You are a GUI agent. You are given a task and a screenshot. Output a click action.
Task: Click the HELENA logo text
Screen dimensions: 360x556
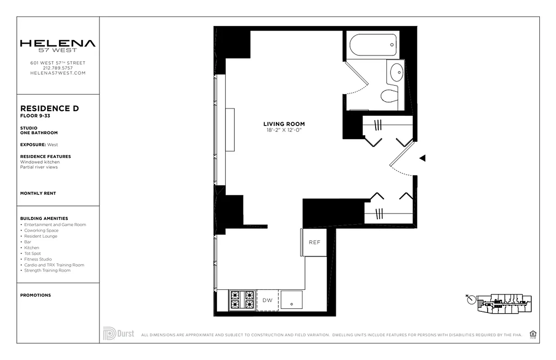point(58,44)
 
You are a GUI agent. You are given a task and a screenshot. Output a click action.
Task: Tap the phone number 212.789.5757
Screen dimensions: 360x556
point(58,68)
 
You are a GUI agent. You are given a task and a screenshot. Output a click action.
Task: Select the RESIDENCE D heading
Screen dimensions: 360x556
point(49,109)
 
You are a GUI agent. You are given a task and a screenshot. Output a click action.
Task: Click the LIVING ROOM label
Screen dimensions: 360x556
point(284,124)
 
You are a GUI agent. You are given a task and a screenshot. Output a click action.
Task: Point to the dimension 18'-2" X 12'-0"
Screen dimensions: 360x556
point(284,130)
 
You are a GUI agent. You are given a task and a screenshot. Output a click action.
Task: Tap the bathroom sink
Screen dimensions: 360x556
point(396,72)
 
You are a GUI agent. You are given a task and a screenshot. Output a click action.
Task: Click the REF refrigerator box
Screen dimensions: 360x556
point(314,243)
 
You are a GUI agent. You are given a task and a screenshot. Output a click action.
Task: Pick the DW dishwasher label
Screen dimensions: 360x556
point(267,300)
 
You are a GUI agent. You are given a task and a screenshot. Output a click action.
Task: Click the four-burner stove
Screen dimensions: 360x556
point(242,300)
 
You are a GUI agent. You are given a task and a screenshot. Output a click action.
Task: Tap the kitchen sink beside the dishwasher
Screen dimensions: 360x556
point(291,300)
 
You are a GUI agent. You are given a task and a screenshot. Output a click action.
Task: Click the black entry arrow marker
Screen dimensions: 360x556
point(422,158)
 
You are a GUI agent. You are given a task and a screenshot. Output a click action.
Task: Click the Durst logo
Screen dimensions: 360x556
point(119,334)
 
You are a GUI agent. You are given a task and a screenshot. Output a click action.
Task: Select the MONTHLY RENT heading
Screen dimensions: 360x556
point(38,193)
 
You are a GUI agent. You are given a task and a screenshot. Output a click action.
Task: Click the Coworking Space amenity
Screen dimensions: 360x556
point(41,230)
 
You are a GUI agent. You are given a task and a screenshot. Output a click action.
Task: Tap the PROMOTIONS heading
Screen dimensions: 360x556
point(36,295)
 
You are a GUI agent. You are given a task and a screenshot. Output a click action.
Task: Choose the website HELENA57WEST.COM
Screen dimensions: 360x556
point(58,73)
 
